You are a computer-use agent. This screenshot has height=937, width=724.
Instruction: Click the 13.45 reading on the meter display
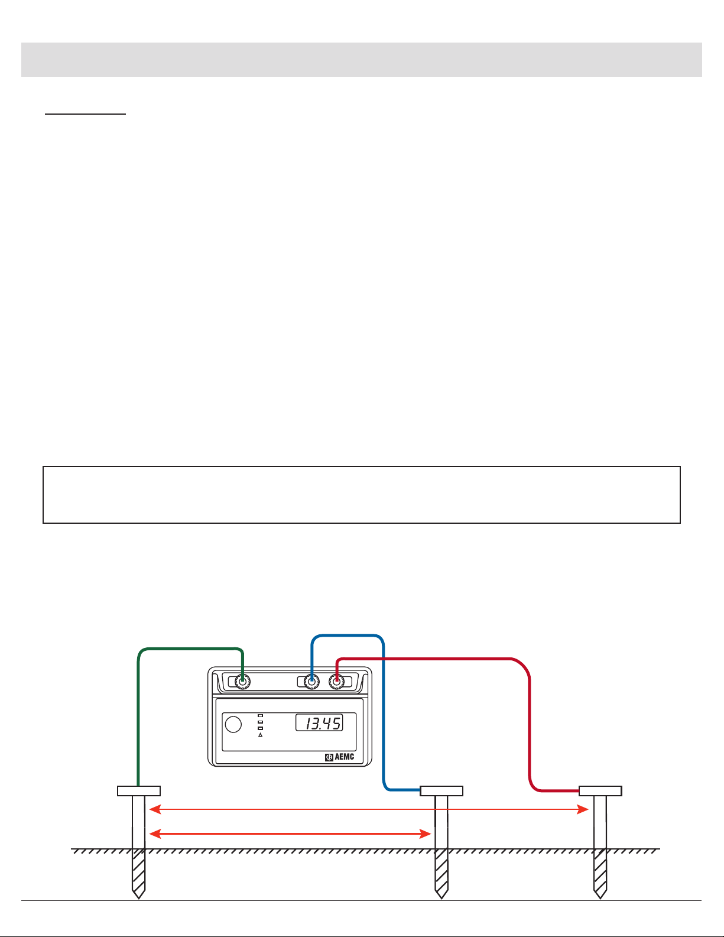(319, 722)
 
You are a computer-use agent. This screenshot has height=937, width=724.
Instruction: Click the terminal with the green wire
(241, 682)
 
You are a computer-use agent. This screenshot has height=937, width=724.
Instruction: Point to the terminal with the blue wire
(311, 682)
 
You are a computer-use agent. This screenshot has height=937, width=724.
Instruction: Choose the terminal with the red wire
(336, 682)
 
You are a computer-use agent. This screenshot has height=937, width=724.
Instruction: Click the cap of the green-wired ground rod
(139, 791)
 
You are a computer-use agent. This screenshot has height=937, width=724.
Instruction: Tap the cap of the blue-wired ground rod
(441, 791)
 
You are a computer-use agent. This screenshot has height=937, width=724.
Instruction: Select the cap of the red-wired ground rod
(600, 791)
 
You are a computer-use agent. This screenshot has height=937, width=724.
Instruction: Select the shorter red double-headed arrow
(290, 834)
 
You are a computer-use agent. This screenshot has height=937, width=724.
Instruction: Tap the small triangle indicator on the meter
(260, 735)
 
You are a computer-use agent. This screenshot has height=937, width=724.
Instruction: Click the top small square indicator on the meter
(260, 715)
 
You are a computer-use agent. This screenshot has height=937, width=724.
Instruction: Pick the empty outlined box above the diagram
(362, 495)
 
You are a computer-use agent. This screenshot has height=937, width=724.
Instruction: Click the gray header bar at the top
(362, 60)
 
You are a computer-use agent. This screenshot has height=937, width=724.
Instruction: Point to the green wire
(138, 709)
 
